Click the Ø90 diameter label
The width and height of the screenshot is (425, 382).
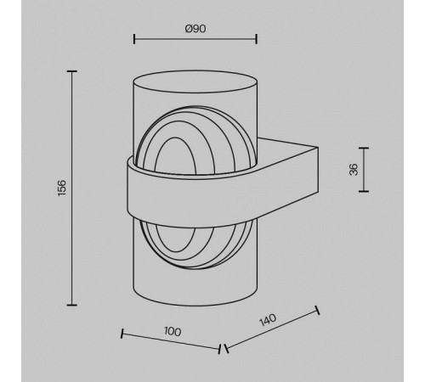[x=195, y=29]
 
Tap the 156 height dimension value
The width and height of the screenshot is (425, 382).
[x=61, y=188]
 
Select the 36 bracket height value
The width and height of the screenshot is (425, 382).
[x=354, y=170]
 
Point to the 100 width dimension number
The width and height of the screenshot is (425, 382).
[x=173, y=331]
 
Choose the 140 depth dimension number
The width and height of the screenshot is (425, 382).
[x=268, y=319]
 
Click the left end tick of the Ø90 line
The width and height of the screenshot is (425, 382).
[x=134, y=39]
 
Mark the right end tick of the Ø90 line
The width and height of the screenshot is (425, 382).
[x=256, y=39]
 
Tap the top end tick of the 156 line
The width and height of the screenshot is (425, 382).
[x=72, y=71]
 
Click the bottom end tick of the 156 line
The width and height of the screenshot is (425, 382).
[x=72, y=305]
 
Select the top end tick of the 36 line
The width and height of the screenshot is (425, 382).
[x=364, y=148]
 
